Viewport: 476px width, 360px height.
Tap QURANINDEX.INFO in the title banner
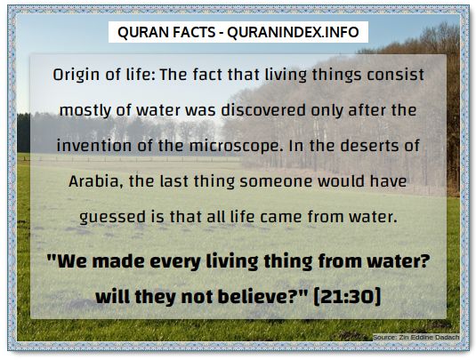click(294, 32)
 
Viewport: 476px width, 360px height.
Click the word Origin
click(77, 76)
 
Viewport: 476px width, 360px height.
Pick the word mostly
click(86, 110)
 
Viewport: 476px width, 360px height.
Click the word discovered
click(263, 110)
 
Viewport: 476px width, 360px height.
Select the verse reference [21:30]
click(347, 296)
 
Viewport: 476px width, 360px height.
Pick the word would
click(341, 181)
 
